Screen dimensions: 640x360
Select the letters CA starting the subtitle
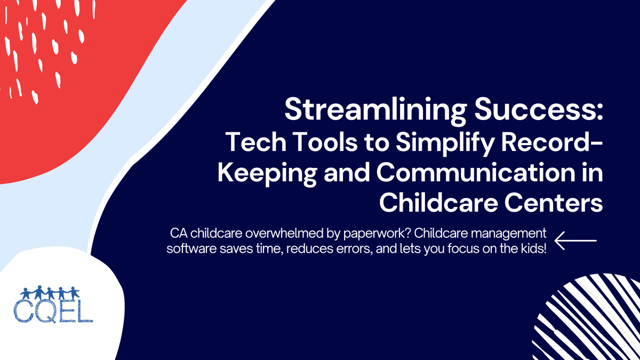(177, 234)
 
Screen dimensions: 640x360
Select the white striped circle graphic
(592, 320)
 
